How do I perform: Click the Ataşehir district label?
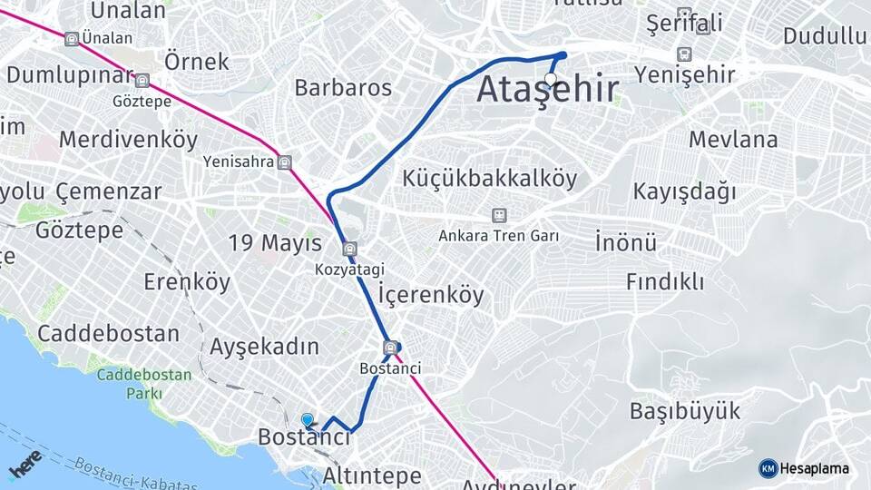(x=548, y=90)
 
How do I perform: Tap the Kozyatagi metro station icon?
(x=350, y=250)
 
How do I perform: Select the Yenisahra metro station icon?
(x=286, y=162)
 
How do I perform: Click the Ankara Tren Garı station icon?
(x=498, y=215)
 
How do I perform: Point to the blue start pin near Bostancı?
(x=308, y=419)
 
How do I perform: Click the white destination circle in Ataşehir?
(x=551, y=78)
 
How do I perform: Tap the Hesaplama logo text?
(x=814, y=468)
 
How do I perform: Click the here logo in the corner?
(x=25, y=463)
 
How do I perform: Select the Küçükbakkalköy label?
(x=490, y=179)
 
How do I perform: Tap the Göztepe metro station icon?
(x=142, y=82)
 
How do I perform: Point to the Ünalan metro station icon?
(x=72, y=39)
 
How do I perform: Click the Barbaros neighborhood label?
(x=343, y=88)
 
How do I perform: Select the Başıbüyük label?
(x=685, y=410)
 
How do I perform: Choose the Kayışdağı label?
(x=684, y=192)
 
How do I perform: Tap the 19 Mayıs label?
(x=275, y=243)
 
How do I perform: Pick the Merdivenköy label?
(x=128, y=140)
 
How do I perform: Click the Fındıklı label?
(x=665, y=281)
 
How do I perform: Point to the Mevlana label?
(x=733, y=140)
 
